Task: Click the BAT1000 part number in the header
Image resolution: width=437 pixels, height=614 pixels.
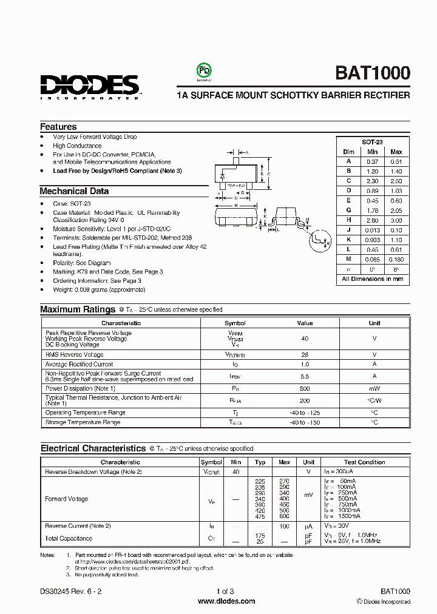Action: tap(372, 73)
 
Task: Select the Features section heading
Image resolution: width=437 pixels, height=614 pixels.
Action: tap(58, 127)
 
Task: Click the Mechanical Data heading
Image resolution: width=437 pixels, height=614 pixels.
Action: tap(74, 191)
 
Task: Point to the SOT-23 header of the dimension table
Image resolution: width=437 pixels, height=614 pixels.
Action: tap(372, 141)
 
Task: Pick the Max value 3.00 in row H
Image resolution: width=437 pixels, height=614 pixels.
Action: tap(396, 220)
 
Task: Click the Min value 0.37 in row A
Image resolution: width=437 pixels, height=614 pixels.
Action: tap(372, 161)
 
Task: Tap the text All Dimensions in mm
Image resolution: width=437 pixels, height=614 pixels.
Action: tap(372, 279)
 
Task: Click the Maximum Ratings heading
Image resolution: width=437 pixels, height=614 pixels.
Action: tap(78, 309)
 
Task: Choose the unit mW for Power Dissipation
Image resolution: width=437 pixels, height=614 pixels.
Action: tap(374, 388)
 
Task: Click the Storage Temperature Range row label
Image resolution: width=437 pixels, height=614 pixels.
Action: tap(83, 422)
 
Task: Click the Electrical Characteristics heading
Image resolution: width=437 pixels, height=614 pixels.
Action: tap(93, 449)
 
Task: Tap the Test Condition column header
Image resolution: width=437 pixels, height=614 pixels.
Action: tap(364, 462)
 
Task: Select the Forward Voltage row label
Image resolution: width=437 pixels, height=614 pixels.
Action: tap(67, 499)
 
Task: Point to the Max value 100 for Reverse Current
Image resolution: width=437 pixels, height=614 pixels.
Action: tap(283, 526)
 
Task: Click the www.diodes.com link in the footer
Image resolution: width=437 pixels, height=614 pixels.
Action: tap(226, 601)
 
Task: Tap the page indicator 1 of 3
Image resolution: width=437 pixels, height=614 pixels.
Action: tap(225, 591)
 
